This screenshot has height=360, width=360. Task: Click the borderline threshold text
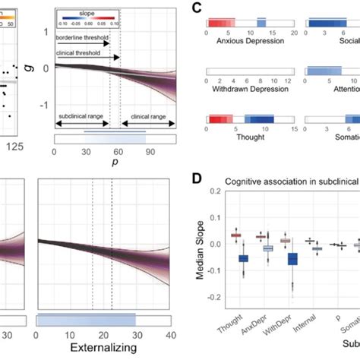pos(84,36)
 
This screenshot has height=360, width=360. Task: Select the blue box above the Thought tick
pos(243,259)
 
